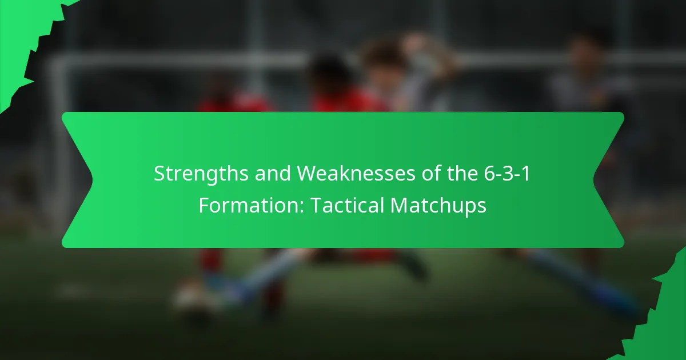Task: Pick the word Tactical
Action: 347,205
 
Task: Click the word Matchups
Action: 438,205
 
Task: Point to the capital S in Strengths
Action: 159,174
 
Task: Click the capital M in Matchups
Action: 400,205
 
